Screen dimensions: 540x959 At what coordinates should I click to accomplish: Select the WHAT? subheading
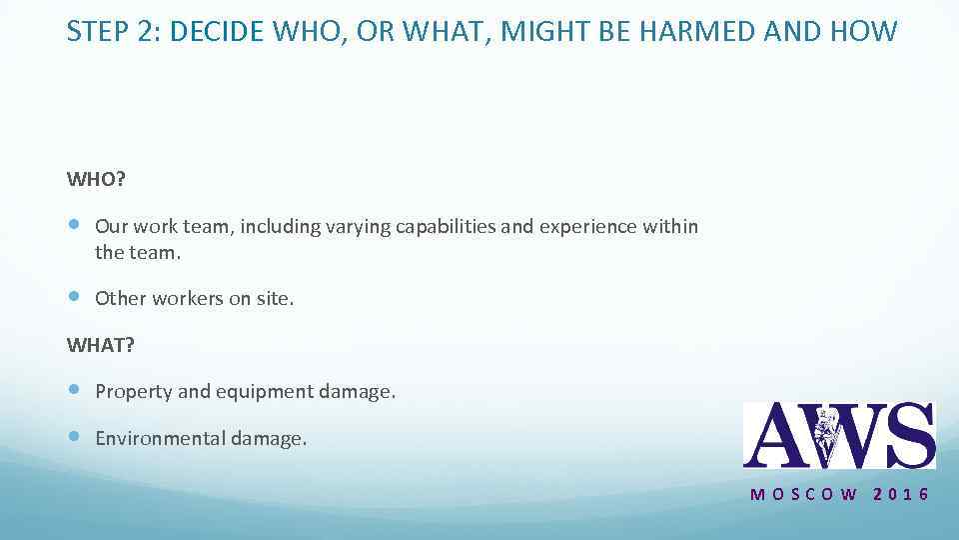(x=100, y=345)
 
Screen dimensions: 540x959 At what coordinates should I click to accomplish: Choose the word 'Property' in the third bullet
(x=134, y=392)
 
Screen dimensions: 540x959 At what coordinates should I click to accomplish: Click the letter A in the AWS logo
(x=774, y=435)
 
